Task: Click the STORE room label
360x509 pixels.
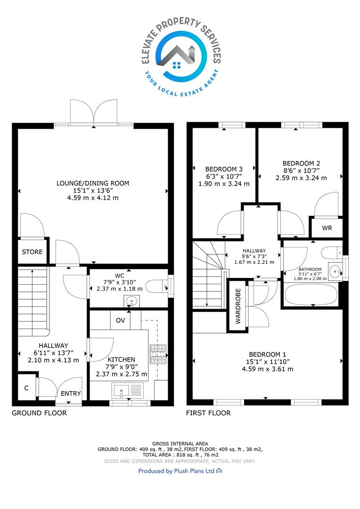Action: coord(32,252)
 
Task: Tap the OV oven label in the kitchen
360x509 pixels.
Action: coord(121,320)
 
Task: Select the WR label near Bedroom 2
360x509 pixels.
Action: coord(327,228)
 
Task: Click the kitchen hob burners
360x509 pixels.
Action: coord(158,354)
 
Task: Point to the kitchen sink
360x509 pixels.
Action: coord(127,390)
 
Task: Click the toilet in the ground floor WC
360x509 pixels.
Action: coord(157,287)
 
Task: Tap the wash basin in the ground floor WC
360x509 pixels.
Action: coord(131,301)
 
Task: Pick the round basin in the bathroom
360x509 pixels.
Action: coord(335,270)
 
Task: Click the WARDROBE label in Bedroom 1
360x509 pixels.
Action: coord(238,306)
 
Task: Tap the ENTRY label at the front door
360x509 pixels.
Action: coord(71,394)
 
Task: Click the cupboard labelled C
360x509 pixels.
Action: coord(26,388)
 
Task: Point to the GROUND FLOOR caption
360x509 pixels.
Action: coord(39,413)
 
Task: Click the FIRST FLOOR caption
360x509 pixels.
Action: coord(208,413)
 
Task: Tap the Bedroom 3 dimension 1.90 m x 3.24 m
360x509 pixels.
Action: coord(224,184)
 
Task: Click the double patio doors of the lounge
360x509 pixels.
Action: coord(94,112)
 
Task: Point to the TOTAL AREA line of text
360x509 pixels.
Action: coord(180,455)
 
